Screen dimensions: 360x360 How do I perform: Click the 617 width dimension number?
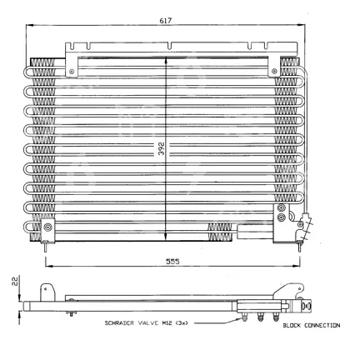[x=166, y=20]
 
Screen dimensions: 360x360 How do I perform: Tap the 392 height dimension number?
[x=161, y=148]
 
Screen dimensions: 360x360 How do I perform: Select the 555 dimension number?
[x=172, y=262]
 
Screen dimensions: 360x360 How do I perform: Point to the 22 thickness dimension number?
[x=15, y=281]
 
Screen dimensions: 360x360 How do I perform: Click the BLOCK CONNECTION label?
[x=312, y=325]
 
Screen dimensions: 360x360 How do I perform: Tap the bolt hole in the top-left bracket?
[x=72, y=72]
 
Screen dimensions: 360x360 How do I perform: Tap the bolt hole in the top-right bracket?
[x=274, y=71]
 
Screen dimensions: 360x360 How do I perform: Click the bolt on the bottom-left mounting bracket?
[x=48, y=227]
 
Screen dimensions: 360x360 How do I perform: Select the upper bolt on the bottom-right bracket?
[x=282, y=207]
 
